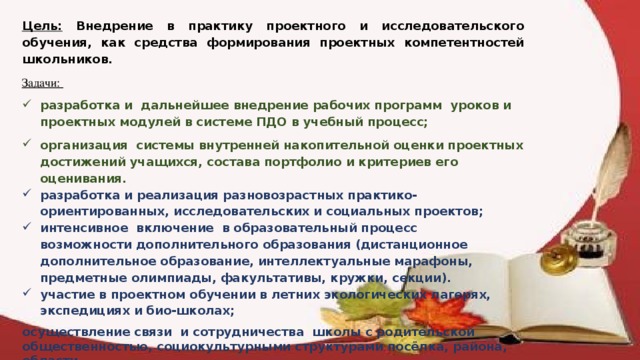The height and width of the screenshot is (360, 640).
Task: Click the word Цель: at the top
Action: coord(40,25)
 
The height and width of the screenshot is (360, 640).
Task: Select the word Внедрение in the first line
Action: coord(119,25)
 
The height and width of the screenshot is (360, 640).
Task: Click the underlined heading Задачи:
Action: coord(40,84)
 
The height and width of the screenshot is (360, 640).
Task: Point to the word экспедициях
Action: coord(84,311)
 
